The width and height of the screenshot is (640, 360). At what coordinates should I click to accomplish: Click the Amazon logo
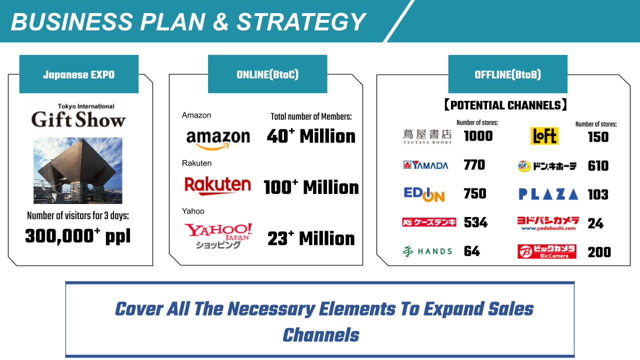[218, 139]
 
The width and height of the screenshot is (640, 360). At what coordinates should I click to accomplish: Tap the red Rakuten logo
[217, 185]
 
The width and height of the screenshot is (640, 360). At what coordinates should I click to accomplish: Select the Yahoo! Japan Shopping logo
[218, 235]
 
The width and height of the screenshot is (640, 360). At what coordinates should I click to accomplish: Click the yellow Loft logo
[544, 135]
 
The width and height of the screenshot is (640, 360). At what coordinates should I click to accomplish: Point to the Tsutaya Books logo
[427, 136]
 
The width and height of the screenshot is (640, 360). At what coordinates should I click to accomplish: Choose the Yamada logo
[425, 165]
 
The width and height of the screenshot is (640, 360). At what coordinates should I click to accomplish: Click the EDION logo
[424, 194]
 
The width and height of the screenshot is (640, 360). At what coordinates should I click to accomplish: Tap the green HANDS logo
[427, 251]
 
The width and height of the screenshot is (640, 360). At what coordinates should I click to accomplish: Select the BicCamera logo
[547, 251]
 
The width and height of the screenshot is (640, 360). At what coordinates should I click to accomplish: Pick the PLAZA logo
[548, 194]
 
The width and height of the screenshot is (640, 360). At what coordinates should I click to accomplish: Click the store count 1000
[478, 136]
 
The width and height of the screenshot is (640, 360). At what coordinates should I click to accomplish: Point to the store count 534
[475, 222]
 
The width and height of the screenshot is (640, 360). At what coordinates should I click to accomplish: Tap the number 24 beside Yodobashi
[595, 223]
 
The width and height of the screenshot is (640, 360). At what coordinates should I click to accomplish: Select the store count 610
[598, 166]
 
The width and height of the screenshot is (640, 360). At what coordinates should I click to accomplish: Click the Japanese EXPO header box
[79, 74]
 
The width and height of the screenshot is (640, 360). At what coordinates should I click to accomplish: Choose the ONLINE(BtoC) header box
[267, 74]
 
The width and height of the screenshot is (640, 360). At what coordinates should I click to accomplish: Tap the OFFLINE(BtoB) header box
[507, 74]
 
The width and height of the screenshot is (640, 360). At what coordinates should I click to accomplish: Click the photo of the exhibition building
[77, 170]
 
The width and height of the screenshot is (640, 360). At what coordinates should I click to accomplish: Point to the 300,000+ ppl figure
[77, 236]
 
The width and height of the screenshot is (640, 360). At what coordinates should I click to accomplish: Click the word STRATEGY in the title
[301, 21]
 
